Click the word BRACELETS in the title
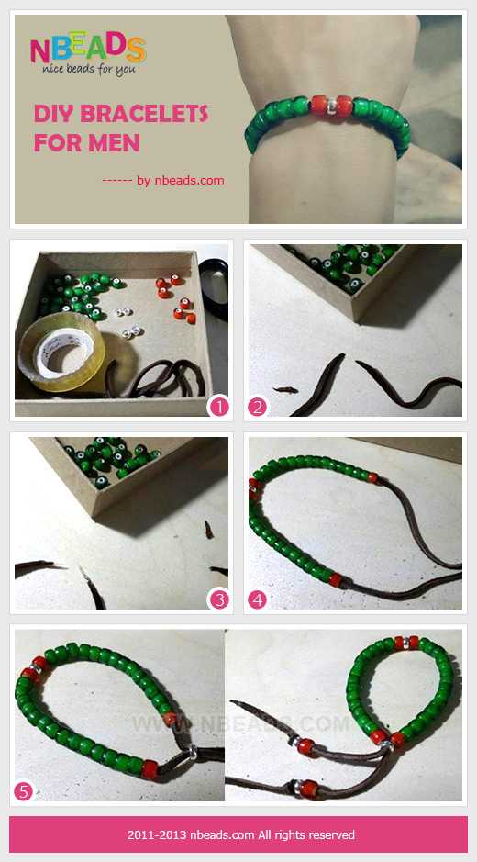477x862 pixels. click(144, 115)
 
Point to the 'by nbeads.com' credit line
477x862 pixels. click(163, 180)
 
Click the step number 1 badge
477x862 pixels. click(218, 407)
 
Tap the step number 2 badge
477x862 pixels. click(257, 407)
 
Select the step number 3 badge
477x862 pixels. click(218, 599)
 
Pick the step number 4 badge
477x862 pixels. click(257, 599)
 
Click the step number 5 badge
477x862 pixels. click(24, 791)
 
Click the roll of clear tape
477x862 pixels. click(61, 353)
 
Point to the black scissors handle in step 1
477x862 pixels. click(216, 288)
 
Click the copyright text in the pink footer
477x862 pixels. click(240, 834)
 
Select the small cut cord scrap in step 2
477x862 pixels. click(285, 390)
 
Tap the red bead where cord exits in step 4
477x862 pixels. click(335, 580)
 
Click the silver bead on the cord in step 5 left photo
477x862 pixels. click(193, 752)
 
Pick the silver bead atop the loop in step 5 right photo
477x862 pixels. click(405, 642)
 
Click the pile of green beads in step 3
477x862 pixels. click(110, 460)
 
